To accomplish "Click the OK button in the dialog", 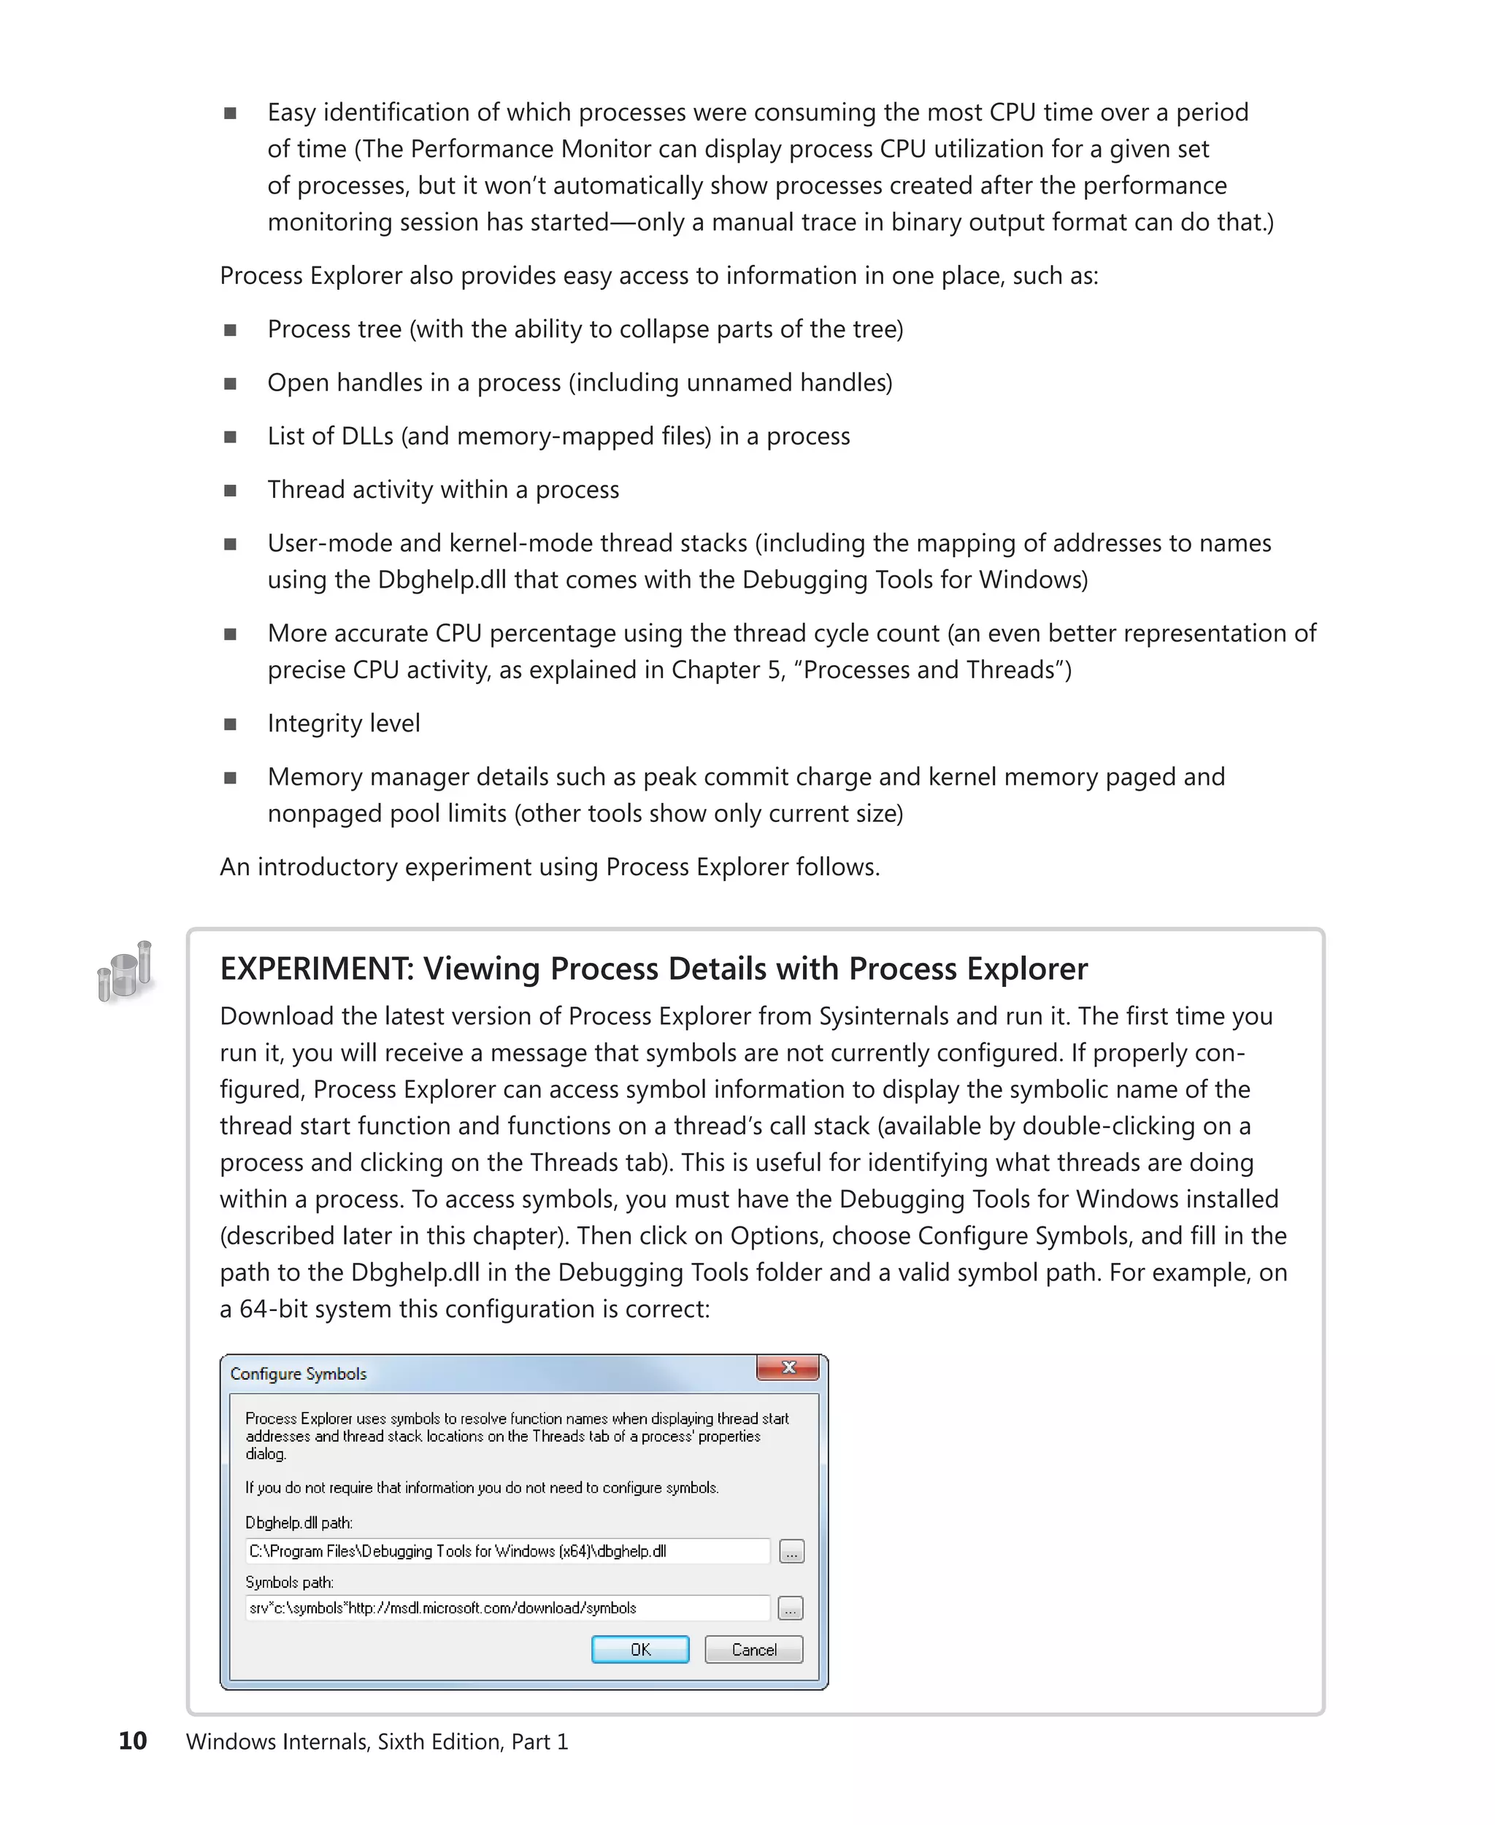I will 640,1648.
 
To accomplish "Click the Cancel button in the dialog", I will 753,1648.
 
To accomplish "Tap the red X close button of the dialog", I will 787,1368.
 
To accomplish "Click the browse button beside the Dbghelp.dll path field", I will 791,1551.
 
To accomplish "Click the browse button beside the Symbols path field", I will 791,1608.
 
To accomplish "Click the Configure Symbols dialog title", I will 298,1374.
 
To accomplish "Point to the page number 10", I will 133,1740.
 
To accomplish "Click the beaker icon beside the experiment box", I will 126,972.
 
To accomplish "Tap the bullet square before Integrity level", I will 230,724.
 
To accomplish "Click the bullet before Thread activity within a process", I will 230,491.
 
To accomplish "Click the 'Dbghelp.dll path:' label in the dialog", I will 299,1523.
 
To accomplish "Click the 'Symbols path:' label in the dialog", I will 289,1582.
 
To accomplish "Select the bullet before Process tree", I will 230,331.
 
